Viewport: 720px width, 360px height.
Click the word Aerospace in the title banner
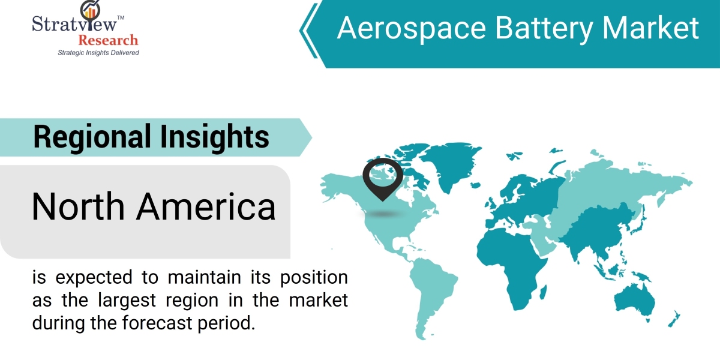[x=412, y=29]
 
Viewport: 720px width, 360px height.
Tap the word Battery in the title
[x=544, y=29]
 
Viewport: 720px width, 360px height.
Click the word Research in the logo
[x=109, y=41]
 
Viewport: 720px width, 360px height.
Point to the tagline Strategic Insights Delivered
[x=98, y=53]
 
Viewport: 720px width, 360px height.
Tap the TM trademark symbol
[x=121, y=17]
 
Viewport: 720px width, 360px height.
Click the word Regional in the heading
[x=92, y=137]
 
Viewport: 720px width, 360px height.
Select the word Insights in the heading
[x=214, y=137]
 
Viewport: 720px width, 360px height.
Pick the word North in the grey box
[x=78, y=206]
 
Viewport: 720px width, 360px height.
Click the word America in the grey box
[x=206, y=206]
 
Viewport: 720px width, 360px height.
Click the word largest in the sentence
[x=127, y=301]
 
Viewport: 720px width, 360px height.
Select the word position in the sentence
[x=314, y=278]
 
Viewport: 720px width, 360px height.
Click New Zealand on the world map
[x=674, y=319]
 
